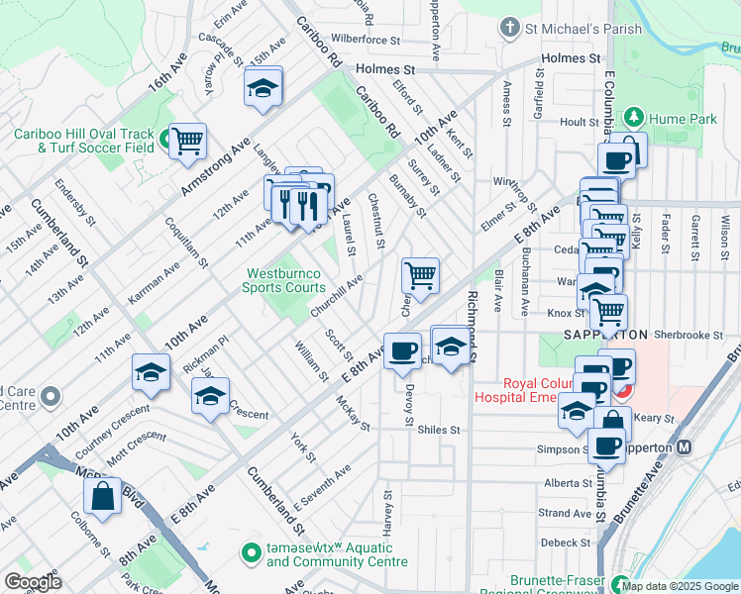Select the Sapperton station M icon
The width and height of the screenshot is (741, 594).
pyautogui.click(x=684, y=447)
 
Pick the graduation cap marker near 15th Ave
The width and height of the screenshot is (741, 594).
pyautogui.click(x=264, y=88)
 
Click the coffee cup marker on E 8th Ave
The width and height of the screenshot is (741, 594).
pyautogui.click(x=401, y=352)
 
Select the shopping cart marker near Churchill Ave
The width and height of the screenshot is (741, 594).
pyautogui.click(x=420, y=275)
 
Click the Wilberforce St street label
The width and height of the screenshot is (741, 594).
pyautogui.click(x=366, y=41)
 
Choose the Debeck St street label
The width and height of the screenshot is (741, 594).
pyautogui.click(x=566, y=542)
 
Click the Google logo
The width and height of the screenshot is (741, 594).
pyautogui.click(x=32, y=582)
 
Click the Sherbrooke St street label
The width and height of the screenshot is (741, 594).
pyautogui.click(x=687, y=336)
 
